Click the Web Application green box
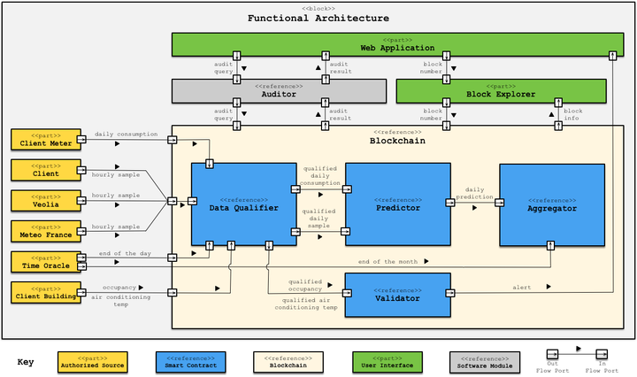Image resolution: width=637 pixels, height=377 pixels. tap(397, 44)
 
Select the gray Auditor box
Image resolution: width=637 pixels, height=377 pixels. tap(279, 90)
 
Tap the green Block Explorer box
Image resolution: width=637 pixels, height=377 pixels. tap(501, 90)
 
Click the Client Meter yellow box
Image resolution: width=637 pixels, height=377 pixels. tap(45, 139)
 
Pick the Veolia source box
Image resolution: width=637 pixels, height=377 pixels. tap(45, 200)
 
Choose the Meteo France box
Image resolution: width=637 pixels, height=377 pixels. tap(45, 231)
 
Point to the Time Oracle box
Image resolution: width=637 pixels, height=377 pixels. tap(45, 262)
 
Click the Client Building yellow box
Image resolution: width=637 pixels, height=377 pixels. tap(45, 291)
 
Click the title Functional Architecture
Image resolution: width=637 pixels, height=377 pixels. tap(318, 18)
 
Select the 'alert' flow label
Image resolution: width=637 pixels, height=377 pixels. tap(523, 287)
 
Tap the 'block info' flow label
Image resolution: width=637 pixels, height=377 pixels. tap(573, 115)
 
